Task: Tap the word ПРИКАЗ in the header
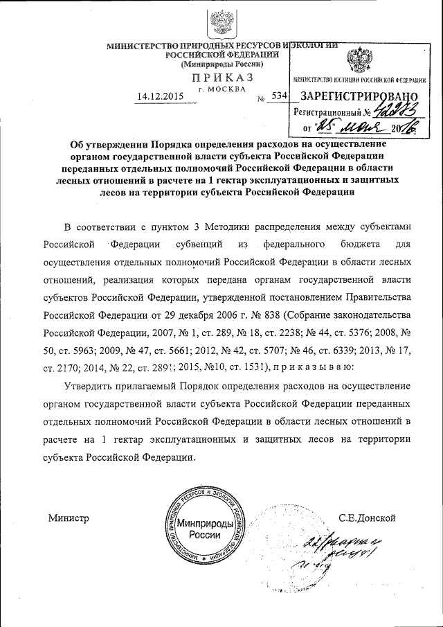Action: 223,77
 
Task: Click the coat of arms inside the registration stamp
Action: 359,61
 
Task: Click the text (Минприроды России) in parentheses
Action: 221,63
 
